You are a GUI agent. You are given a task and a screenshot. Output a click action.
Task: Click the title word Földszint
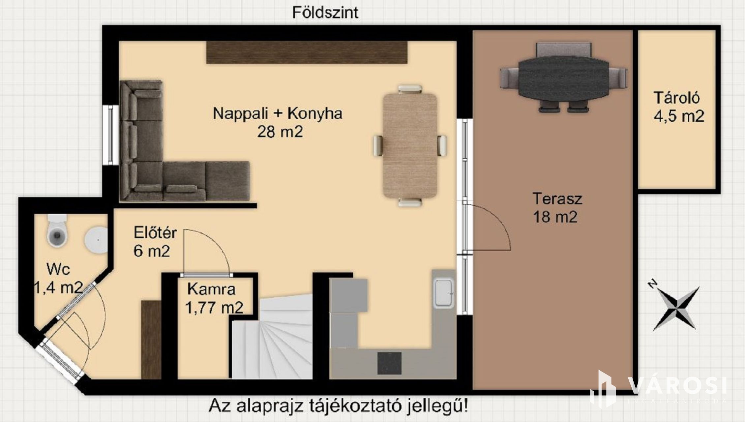point(325,13)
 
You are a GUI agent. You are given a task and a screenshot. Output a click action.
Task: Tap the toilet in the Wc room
point(57,230)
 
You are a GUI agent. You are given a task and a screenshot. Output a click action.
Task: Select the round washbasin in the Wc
point(96,240)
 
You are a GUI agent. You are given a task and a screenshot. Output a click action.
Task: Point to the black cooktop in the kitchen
point(389,363)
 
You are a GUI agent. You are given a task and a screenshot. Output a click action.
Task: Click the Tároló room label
point(677,98)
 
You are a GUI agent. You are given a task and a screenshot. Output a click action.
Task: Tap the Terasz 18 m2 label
point(557,208)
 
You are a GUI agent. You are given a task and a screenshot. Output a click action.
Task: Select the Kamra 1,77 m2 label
point(214,298)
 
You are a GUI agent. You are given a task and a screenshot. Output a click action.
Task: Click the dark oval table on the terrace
point(564,78)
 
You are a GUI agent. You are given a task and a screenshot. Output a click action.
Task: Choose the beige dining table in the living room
point(410,146)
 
